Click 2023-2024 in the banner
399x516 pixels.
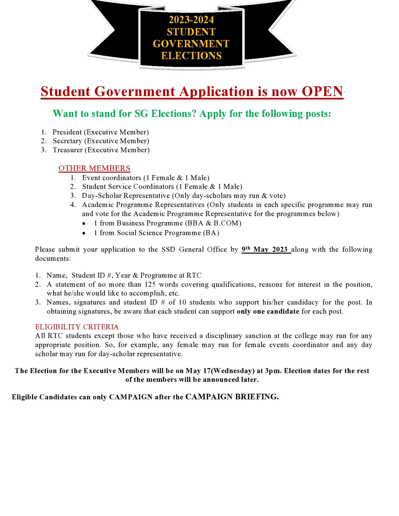click(x=191, y=20)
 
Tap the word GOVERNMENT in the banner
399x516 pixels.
click(x=191, y=44)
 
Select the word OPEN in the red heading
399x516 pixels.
click(x=322, y=92)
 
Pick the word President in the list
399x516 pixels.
click(x=67, y=132)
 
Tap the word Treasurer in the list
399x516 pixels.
click(x=68, y=150)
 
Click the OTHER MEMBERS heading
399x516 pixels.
click(x=94, y=168)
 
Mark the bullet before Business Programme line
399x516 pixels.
click(x=84, y=224)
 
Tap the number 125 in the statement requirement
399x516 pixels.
click(x=150, y=285)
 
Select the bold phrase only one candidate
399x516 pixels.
click(x=268, y=311)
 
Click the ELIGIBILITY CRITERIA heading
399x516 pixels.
click(x=77, y=327)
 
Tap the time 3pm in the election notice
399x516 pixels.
click(x=273, y=371)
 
